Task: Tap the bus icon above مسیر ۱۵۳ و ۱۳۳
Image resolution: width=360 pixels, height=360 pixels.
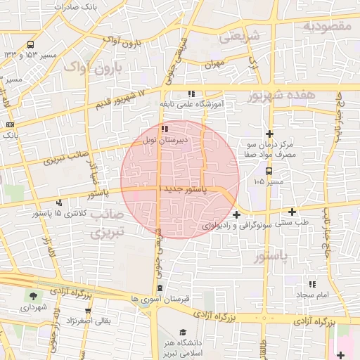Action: tap(30, 44)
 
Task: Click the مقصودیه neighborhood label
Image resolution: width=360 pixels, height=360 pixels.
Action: tap(327, 26)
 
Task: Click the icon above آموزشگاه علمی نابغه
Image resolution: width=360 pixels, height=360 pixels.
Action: tap(191, 93)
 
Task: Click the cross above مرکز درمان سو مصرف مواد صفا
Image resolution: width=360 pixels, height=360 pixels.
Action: tap(269, 134)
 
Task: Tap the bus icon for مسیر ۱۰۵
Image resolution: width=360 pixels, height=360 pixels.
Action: tap(269, 171)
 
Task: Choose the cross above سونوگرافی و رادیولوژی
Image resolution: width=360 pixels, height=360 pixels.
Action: tap(236, 214)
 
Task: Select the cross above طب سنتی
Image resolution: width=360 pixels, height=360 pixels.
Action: tap(292, 211)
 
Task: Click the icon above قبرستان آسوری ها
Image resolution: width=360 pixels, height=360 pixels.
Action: tap(160, 288)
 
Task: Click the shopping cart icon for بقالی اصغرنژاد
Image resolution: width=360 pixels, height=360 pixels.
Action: tap(87, 310)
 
